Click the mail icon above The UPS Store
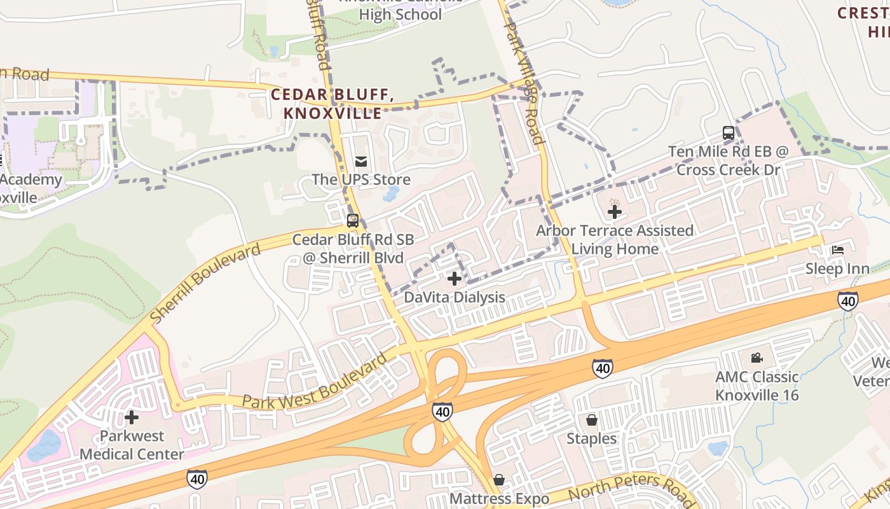pos(361,162)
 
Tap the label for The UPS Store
pos(361,180)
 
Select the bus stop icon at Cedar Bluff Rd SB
pos(353,221)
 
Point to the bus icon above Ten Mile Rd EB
pos(729,134)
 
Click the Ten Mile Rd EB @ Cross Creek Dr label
pos(729,161)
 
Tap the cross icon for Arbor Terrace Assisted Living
pos(615,211)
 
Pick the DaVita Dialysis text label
pos(455,297)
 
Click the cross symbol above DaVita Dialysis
pos(455,278)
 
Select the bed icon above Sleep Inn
pos(838,250)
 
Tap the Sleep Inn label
pos(838,268)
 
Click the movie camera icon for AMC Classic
pos(756,358)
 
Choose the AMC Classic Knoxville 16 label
pos(756,386)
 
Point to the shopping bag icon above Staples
pos(592,420)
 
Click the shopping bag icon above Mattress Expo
pos(499,479)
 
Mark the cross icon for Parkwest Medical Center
pos(132,417)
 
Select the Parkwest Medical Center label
pos(132,445)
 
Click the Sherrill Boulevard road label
pos(205,283)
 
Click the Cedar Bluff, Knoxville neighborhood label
pos(332,104)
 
